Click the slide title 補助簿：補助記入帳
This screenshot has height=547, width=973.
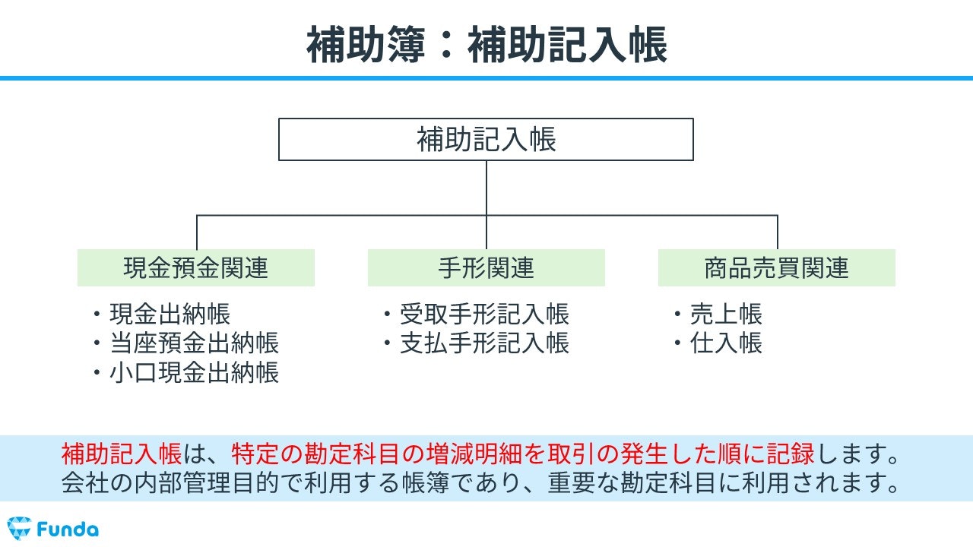pyautogui.click(x=486, y=45)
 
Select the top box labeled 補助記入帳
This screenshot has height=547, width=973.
pyautogui.click(x=486, y=139)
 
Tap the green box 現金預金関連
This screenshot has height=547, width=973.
pyautogui.click(x=196, y=268)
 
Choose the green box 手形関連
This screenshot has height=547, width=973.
pyautogui.click(x=486, y=268)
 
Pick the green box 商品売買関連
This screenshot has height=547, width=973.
pyautogui.click(x=777, y=268)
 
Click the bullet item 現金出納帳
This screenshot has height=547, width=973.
pyautogui.click(x=170, y=314)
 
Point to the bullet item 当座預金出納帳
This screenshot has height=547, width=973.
pyautogui.click(x=194, y=343)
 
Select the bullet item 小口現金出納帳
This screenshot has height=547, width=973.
pyautogui.click(x=194, y=372)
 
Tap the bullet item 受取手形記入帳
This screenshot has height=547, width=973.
pyautogui.click(x=484, y=314)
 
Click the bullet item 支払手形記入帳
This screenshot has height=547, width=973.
pyautogui.click(x=484, y=343)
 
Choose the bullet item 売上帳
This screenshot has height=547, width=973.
pyautogui.click(x=726, y=314)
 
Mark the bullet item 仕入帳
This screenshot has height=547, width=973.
pyautogui.click(x=726, y=343)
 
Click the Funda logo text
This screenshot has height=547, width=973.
pyautogui.click(x=68, y=530)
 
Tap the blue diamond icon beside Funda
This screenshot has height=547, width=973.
pyautogui.click(x=19, y=528)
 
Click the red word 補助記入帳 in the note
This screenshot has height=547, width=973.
pyautogui.click(x=121, y=454)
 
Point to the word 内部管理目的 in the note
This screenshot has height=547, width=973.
pyautogui.click(x=206, y=482)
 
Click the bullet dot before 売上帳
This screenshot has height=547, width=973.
pyautogui.click(x=677, y=314)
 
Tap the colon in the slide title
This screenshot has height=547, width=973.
pyautogui.click(x=446, y=46)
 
